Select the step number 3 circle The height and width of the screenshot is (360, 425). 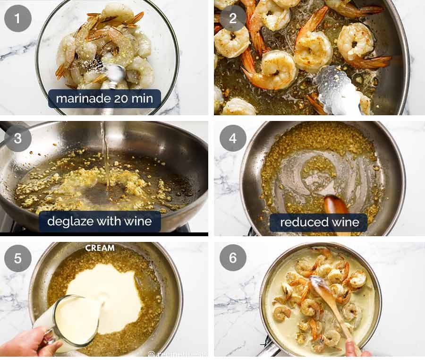point(18,138)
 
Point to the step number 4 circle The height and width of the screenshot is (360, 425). point(232,138)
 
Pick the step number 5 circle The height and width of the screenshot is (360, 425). point(18,259)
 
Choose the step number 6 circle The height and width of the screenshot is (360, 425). point(232,258)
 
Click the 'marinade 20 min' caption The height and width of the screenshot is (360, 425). point(104,99)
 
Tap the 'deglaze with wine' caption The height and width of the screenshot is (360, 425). point(100,221)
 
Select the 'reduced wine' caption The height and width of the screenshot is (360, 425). point(319,222)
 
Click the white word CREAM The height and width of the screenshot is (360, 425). point(100,248)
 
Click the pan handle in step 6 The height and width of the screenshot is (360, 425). point(269,350)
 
